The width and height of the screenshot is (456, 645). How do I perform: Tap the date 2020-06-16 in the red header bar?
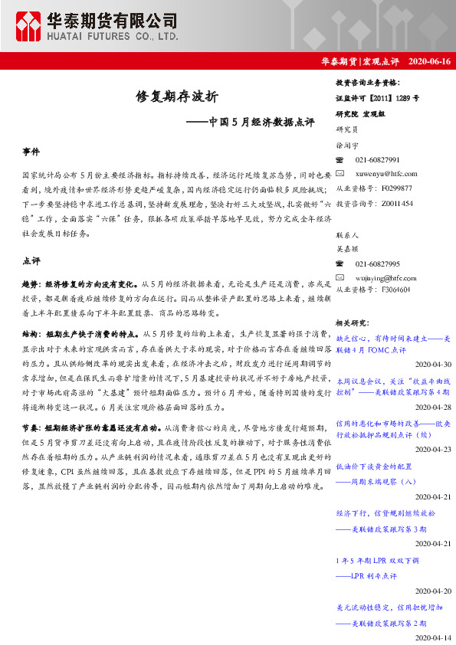(x=430, y=61)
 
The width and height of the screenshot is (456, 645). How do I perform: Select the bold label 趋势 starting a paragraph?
(x=31, y=283)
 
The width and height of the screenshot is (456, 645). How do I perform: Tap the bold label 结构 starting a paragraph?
(x=31, y=335)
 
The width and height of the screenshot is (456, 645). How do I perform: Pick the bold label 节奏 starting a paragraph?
(x=31, y=426)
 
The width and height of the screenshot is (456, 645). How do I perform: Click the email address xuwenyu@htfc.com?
(x=386, y=173)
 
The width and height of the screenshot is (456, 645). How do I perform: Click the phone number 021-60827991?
(x=377, y=159)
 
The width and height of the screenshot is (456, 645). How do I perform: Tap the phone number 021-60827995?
(x=377, y=264)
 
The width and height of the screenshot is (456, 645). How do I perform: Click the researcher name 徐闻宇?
(x=347, y=145)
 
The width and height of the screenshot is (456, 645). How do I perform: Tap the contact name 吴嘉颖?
(x=347, y=249)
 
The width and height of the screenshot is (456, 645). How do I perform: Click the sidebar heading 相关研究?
(x=354, y=322)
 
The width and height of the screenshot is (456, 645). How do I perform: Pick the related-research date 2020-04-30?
(x=433, y=364)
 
